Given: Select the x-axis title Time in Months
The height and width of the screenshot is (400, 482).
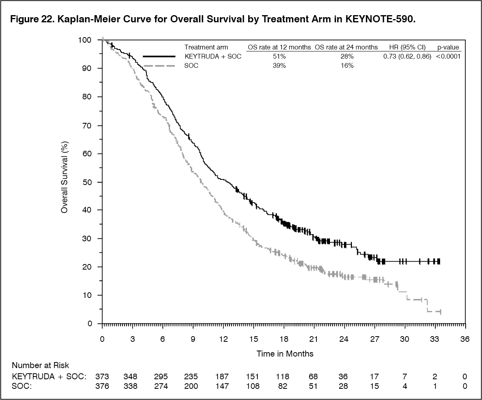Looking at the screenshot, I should (285, 354).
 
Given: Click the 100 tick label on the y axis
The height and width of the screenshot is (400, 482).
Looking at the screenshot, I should (85, 40).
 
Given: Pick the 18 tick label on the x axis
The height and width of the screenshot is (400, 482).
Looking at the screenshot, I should (283, 339).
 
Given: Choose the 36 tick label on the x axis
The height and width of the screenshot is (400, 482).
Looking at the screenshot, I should (465, 339).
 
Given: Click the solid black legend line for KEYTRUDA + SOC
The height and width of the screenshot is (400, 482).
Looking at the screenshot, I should (159, 57).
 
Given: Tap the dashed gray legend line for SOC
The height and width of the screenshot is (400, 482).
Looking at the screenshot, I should (159, 66).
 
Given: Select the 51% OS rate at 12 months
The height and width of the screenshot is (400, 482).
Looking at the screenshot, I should (279, 57).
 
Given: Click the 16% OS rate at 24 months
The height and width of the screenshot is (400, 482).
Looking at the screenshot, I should (346, 66).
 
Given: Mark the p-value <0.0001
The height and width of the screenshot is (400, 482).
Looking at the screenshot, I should (448, 57).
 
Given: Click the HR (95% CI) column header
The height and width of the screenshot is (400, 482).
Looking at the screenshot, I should (407, 47).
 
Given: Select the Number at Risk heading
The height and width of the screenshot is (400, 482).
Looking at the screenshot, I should (40, 365).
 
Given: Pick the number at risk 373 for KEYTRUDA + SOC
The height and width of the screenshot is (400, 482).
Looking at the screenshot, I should (102, 376).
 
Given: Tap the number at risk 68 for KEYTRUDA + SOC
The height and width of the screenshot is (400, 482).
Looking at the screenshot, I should (314, 376).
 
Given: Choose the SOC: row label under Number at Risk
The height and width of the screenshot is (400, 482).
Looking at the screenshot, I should (22, 386).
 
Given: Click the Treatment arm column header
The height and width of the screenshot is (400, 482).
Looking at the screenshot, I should (206, 47).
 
